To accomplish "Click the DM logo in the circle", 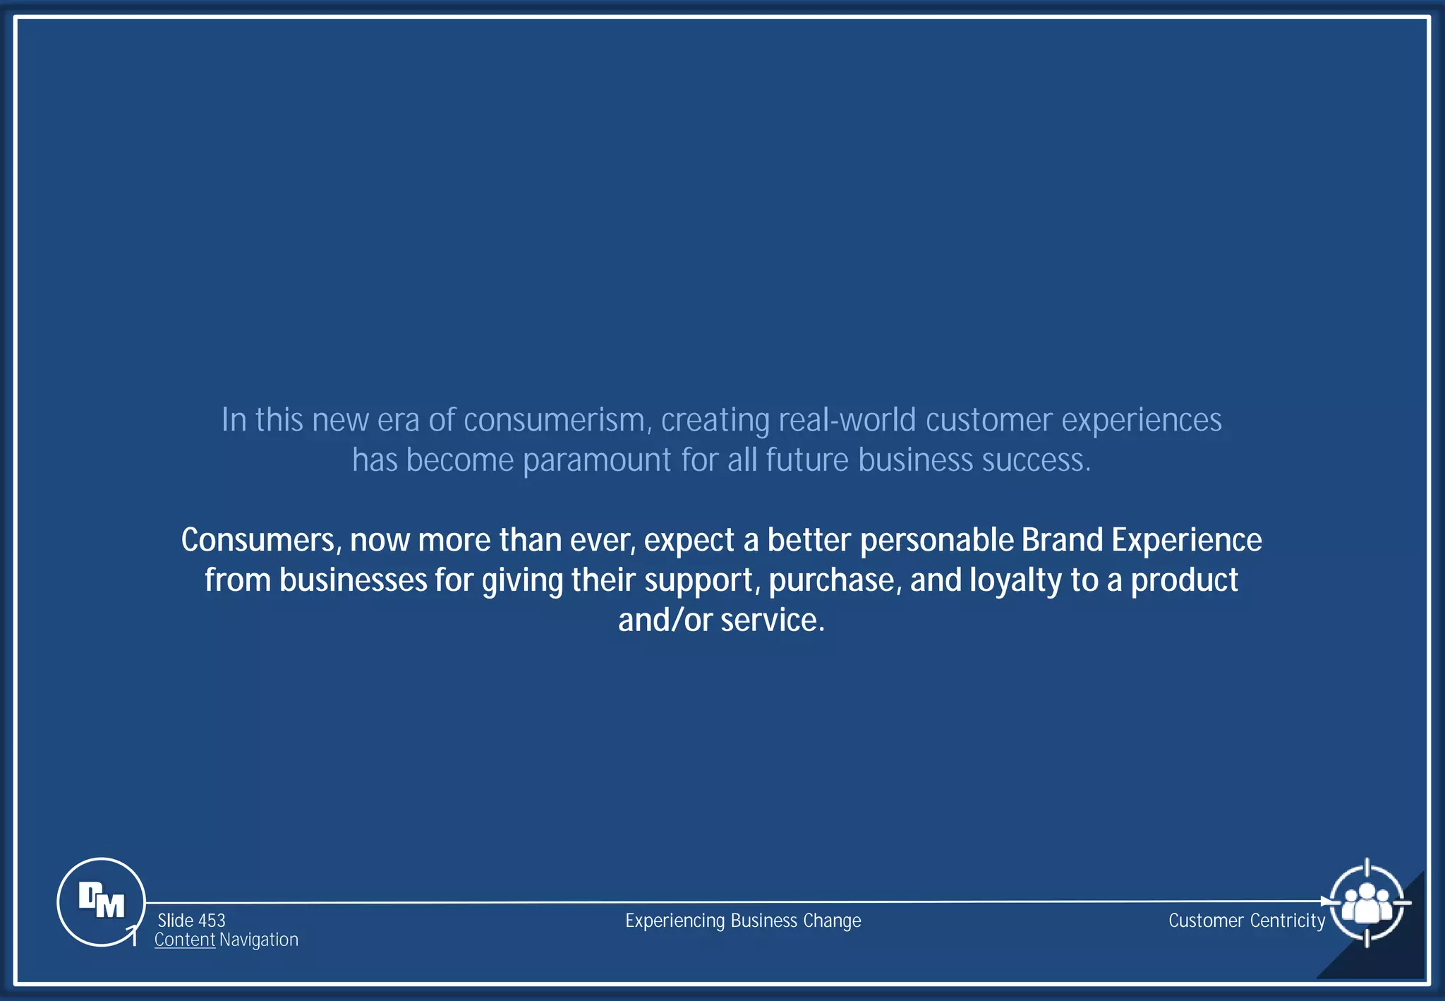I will click(101, 901).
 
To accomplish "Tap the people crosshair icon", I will click(1367, 902).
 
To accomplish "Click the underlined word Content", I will click(185, 940).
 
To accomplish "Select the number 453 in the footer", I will click(212, 921).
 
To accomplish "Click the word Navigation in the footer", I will click(259, 940).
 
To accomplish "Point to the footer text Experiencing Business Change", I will click(743, 921).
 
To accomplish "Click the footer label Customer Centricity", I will click(1247, 921).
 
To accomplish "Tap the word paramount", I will click(597, 460).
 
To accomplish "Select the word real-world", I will click(847, 420).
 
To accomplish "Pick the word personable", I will click(937, 540).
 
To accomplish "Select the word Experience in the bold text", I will click(1187, 540).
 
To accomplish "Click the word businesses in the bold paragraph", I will click(353, 580).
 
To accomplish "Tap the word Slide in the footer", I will click(176, 921).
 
